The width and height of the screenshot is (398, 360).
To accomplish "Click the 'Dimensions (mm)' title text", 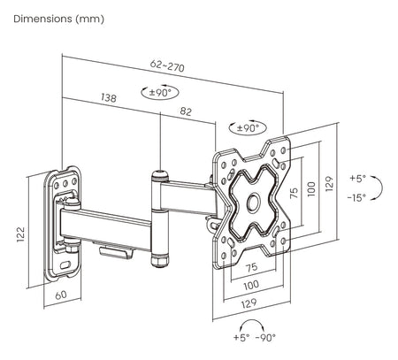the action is pos(58,19).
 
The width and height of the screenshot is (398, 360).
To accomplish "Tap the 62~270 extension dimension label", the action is pos(167,65).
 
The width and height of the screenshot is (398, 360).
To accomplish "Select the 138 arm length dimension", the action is pos(109,97).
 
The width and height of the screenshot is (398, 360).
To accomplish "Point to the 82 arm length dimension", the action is pos(186,111).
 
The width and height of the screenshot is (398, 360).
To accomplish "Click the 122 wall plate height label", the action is pos(20,234).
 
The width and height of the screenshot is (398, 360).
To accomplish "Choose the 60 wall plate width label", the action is pos(61,295).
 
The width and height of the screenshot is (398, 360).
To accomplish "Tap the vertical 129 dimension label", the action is pos(330,184).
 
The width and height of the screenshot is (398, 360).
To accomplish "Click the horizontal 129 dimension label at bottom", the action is pos(249,303).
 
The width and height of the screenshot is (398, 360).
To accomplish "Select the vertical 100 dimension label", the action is pos(311,189).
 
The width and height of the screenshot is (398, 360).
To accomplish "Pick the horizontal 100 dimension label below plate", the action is pos(251,285).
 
